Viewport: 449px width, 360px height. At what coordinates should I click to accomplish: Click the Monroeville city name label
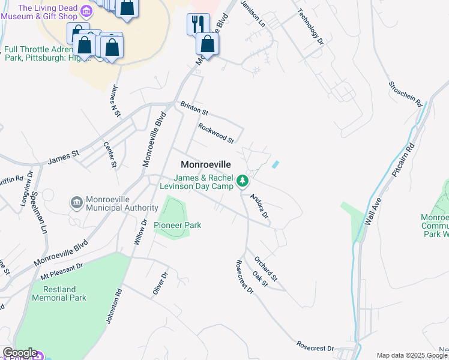(x=206, y=164)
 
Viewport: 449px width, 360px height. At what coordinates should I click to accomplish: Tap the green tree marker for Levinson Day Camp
(x=242, y=181)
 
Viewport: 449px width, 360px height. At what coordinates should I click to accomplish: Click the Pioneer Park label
(x=177, y=225)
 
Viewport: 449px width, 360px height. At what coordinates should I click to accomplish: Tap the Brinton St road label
(x=194, y=109)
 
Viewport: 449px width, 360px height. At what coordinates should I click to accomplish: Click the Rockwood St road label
(x=216, y=133)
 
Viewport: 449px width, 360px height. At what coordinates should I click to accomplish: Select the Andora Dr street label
(x=259, y=206)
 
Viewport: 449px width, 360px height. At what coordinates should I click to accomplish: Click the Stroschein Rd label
(x=406, y=94)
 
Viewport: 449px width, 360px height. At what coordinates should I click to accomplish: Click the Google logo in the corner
(x=19, y=353)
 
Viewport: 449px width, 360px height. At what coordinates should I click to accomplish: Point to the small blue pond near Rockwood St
(x=276, y=164)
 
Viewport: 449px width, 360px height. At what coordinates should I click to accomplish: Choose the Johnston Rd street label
(x=114, y=307)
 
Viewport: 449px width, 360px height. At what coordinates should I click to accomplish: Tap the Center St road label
(x=109, y=154)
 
